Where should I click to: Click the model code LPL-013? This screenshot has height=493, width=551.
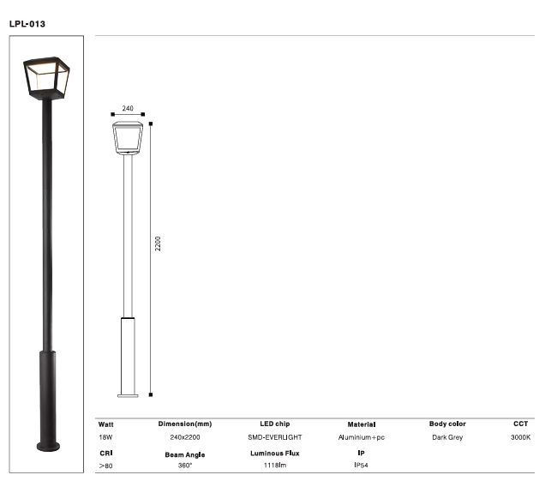point(27,23)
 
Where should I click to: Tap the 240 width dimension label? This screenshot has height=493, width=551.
point(128,109)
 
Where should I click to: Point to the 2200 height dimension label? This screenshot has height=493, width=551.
point(158,244)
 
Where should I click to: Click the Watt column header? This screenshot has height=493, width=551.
point(106,424)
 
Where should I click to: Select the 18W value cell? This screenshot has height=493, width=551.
point(106,437)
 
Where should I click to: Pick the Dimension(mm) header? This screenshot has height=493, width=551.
point(185,424)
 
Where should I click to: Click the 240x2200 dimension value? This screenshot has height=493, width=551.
point(185,437)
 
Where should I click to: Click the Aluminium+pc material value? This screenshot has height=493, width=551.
point(362,437)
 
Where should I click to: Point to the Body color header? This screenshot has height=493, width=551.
point(447,424)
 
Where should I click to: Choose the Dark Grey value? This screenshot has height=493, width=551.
point(447,437)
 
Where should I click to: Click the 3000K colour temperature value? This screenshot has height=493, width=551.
point(520,437)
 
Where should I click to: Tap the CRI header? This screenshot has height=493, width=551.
point(105,452)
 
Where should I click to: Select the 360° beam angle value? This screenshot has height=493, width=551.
point(184,466)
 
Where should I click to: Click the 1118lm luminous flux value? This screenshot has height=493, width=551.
point(275,466)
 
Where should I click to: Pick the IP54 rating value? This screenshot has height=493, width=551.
point(362,466)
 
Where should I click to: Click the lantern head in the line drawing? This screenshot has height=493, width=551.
point(129,138)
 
